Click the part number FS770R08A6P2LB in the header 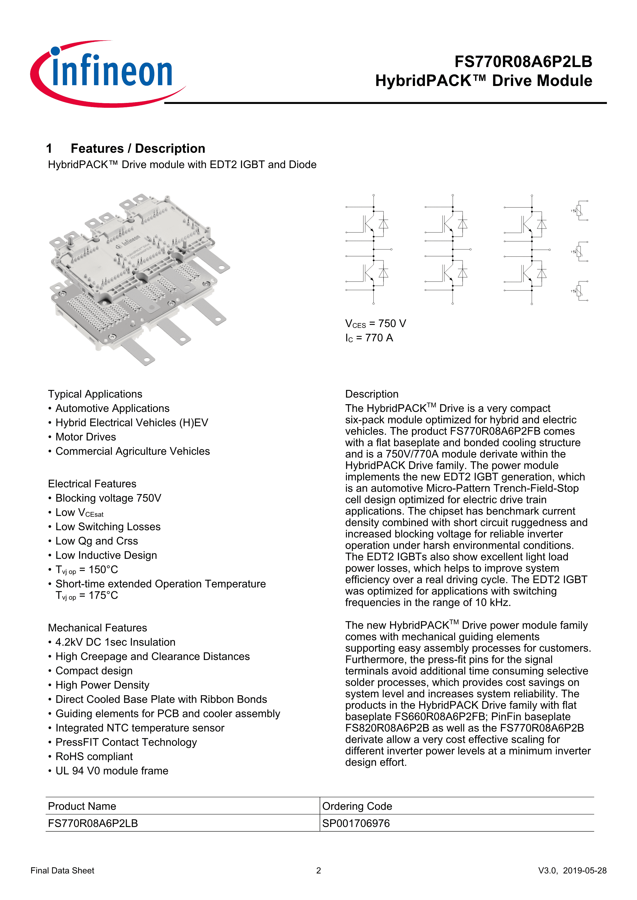(523, 62)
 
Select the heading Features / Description (138, 149)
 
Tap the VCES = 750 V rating (375, 324)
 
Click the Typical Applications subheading (95, 394)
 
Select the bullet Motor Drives (86, 437)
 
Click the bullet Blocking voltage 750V (108, 498)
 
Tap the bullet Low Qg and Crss (97, 541)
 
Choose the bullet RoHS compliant (94, 757)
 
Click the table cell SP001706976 (356, 823)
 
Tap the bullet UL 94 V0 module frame (112, 771)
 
